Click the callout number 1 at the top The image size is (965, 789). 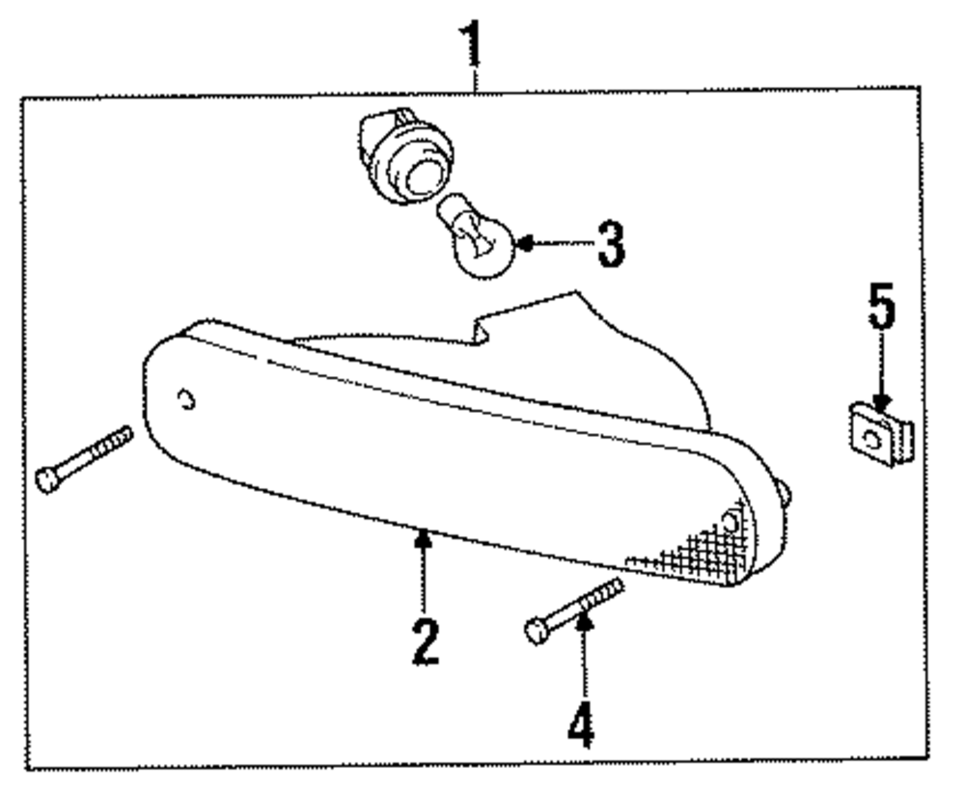(x=473, y=43)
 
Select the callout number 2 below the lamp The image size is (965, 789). (x=424, y=640)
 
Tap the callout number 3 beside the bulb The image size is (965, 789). (x=610, y=245)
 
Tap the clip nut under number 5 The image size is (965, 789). (x=879, y=437)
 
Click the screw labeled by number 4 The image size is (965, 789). (x=575, y=609)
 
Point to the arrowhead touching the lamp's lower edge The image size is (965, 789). (x=422, y=537)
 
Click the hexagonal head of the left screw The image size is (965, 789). (x=47, y=478)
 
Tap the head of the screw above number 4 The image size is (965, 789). (x=537, y=631)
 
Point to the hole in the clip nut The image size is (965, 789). (x=872, y=439)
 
